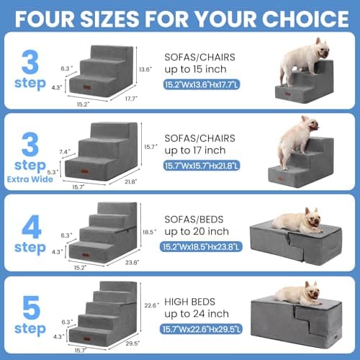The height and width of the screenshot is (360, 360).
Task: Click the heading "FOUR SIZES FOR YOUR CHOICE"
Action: click(180, 16)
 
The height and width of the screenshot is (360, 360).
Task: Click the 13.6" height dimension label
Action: click(145, 69)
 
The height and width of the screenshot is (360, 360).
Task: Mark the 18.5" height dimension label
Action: click(148, 232)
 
